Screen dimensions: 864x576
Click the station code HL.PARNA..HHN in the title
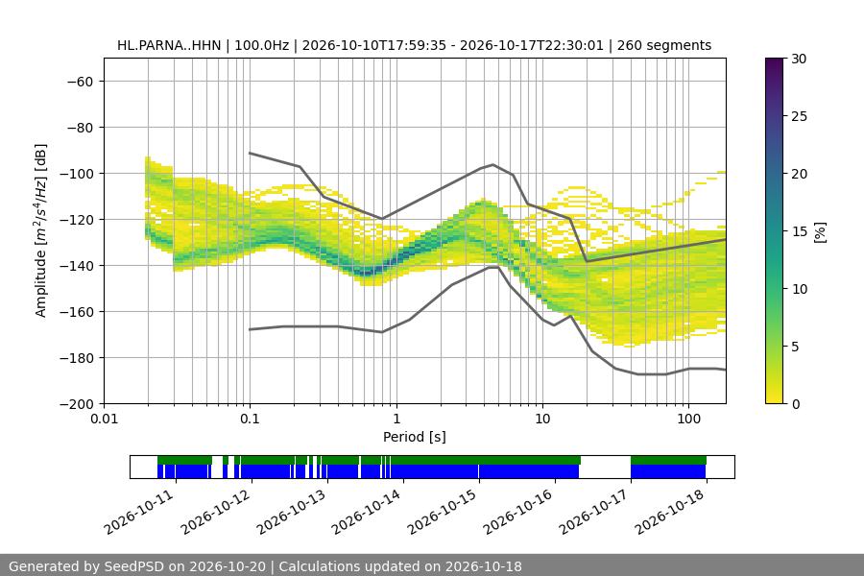(169, 45)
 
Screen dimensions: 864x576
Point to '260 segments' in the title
(664, 45)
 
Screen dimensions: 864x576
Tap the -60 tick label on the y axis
(81, 82)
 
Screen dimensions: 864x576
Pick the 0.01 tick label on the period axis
(104, 419)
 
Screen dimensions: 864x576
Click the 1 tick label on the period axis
(396, 419)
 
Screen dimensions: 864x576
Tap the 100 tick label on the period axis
(688, 419)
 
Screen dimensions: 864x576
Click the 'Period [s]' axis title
(415, 437)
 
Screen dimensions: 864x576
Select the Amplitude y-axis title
(41, 230)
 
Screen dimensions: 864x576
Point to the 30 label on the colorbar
(799, 59)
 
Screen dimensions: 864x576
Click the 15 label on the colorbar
(799, 231)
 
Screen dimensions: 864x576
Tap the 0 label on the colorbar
(796, 404)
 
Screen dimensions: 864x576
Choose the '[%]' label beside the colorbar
(821, 232)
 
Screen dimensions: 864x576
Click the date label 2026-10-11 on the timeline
(139, 512)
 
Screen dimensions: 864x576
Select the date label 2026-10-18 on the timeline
(669, 512)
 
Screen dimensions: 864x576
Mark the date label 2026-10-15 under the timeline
(442, 512)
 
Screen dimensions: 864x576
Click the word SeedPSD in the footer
(133, 566)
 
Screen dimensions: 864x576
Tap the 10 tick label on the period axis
(542, 419)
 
